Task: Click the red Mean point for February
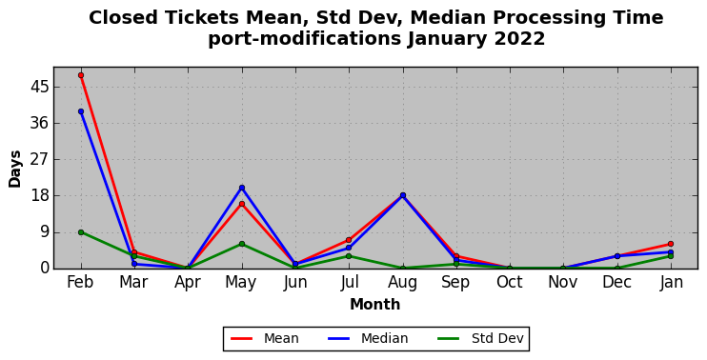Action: click(81, 75)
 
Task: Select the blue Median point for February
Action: click(81, 111)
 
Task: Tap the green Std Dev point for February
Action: click(81, 232)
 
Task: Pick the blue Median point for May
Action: click(242, 188)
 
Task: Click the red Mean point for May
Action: click(242, 204)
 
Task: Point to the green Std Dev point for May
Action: click(242, 244)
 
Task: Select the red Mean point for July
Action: click(349, 240)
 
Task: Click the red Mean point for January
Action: click(671, 244)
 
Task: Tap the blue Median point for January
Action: click(671, 252)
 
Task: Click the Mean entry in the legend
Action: click(265, 338)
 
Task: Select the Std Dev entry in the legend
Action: click(480, 338)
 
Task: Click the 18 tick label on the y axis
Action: click(39, 196)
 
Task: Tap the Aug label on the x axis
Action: click(403, 282)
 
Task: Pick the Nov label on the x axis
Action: click(563, 282)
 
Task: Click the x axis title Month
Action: click(375, 304)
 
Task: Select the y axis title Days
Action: click(15, 169)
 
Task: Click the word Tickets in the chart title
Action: click(202, 18)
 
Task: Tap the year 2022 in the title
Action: click(520, 39)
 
